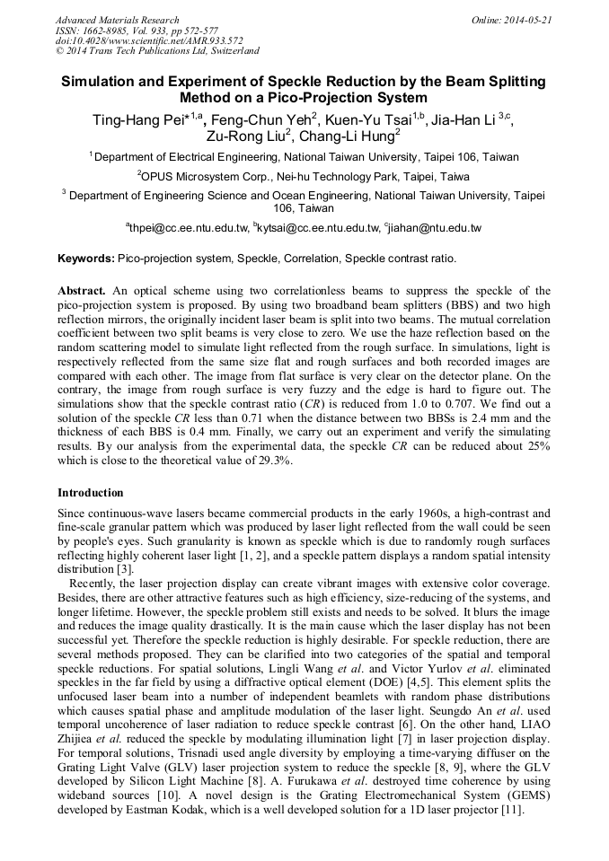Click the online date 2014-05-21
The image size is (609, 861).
click(528, 20)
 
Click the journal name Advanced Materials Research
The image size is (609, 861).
click(117, 20)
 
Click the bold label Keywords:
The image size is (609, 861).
click(86, 259)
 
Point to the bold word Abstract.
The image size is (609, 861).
click(82, 291)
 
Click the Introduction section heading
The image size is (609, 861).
click(91, 493)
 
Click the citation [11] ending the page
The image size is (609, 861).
click(535, 808)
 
